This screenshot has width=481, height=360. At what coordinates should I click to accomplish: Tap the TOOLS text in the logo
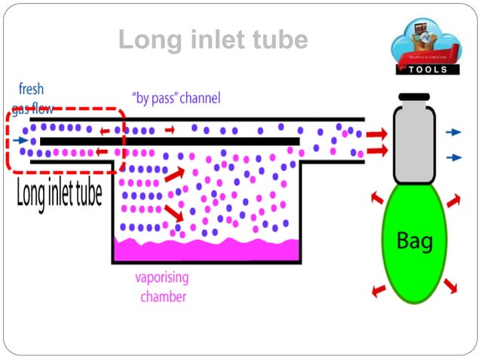[x=427, y=69]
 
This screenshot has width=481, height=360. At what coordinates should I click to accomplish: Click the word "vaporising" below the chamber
[x=162, y=277]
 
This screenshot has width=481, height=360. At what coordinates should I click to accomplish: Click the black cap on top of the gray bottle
[x=414, y=99]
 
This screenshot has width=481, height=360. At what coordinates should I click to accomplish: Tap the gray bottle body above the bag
[x=414, y=143]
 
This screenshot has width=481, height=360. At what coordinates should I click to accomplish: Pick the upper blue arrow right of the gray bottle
[x=452, y=132]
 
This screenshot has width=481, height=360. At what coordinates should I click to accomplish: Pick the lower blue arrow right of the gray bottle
[x=452, y=157]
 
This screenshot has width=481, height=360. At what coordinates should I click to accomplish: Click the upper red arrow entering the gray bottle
[x=377, y=135]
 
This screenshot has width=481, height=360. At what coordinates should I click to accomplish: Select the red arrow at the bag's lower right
[x=451, y=287]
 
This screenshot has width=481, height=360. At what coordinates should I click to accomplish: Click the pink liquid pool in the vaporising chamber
[x=205, y=249]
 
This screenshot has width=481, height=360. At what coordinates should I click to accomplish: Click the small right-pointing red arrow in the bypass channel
[x=170, y=129]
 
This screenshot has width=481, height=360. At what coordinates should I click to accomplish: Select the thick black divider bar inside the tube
[x=170, y=141]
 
